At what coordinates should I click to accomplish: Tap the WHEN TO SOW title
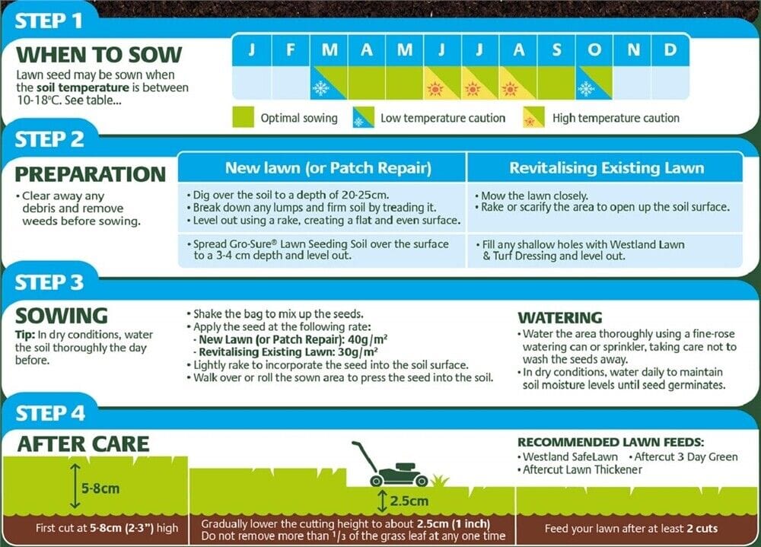(99, 55)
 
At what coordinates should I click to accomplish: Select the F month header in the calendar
(291, 50)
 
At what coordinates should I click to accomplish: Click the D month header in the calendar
(670, 50)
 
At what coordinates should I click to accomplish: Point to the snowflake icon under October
(586, 88)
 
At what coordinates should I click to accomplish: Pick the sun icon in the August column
(510, 88)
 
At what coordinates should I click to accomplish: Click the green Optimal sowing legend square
(243, 117)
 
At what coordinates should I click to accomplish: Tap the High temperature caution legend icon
(533, 118)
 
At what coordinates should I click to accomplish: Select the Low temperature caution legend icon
(363, 118)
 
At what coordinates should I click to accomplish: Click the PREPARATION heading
(91, 173)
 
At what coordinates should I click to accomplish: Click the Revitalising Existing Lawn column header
(607, 167)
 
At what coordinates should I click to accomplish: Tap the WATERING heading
(559, 317)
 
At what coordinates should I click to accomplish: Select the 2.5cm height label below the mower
(409, 501)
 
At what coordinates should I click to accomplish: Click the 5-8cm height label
(100, 488)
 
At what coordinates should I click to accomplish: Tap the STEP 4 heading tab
(50, 413)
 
